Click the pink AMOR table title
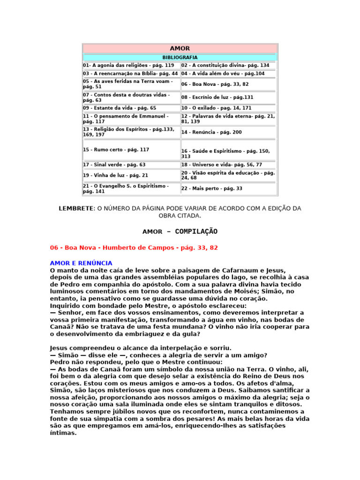(180, 49)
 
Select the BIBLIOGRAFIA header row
(180, 58)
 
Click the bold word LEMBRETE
(75, 208)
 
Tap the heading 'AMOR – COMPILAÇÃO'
(180, 232)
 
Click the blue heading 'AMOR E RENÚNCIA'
(81, 263)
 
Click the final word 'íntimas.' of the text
(63, 433)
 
